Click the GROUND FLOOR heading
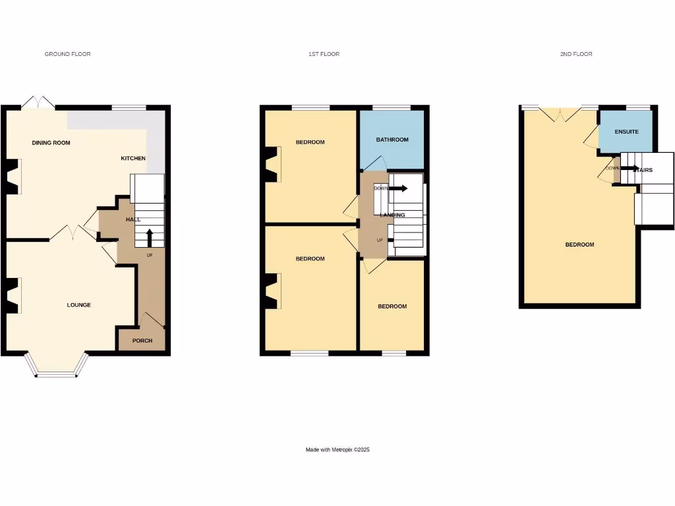point(67,54)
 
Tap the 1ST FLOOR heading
point(324,54)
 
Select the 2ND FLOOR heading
point(576,54)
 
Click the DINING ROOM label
point(51,142)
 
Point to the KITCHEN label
point(133,158)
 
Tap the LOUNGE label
point(79,305)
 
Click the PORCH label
point(142,341)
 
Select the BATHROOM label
point(392,140)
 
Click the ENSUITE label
point(626,132)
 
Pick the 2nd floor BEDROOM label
point(579,244)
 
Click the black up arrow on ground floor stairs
point(150,237)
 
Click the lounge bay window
point(56,368)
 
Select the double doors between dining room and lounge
point(72,233)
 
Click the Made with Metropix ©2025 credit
point(337,450)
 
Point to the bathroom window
point(392,107)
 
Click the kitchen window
point(129,107)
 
